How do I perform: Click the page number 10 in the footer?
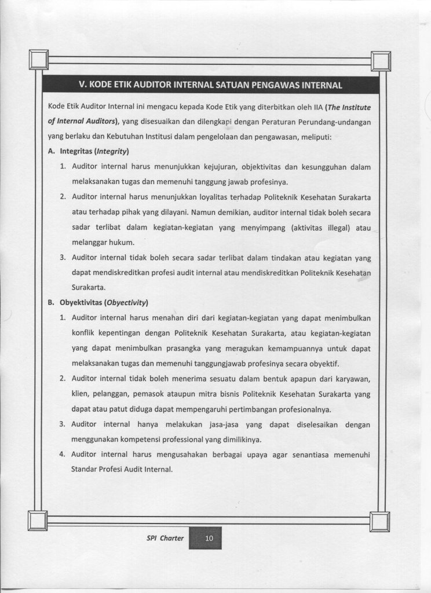point(209,539)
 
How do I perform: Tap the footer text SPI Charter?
point(165,539)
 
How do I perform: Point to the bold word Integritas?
point(76,152)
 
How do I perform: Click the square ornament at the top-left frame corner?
point(39,60)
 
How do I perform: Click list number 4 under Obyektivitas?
point(62,454)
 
